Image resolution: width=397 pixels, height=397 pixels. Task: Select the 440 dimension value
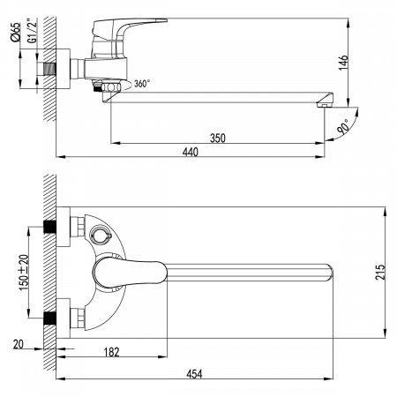190,152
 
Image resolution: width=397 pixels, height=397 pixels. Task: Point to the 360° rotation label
139,84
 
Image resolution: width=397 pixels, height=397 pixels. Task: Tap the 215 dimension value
379,273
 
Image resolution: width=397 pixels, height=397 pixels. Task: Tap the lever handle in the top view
131,271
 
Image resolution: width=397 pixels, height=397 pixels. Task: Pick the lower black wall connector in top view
49,315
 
